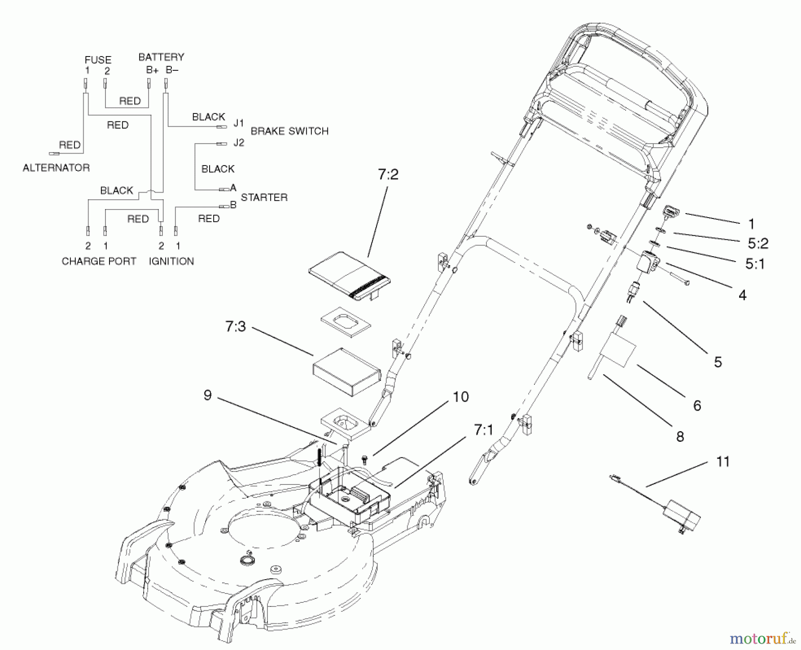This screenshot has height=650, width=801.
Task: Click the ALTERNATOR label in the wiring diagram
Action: coord(56,168)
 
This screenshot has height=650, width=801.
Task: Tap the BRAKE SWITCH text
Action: coord(290,131)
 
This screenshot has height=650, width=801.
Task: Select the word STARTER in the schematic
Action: coord(264,197)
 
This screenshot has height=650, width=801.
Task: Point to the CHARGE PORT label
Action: coord(99,261)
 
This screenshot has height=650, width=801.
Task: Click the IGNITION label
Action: coord(171,261)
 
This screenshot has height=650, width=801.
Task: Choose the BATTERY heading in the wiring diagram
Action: coord(161,57)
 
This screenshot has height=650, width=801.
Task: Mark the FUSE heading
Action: coord(98,60)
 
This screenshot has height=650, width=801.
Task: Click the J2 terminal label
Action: coord(239,143)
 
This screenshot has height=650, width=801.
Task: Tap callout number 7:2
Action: coord(388,175)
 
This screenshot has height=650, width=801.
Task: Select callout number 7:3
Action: coord(235,327)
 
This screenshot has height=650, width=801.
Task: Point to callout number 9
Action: coord(207,395)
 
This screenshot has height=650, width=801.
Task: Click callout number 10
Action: coord(461,396)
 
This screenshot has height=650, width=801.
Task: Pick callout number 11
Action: coord(723,461)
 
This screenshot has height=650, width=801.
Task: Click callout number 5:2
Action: coord(758,243)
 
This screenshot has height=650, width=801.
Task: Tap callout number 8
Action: coord(680,436)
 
